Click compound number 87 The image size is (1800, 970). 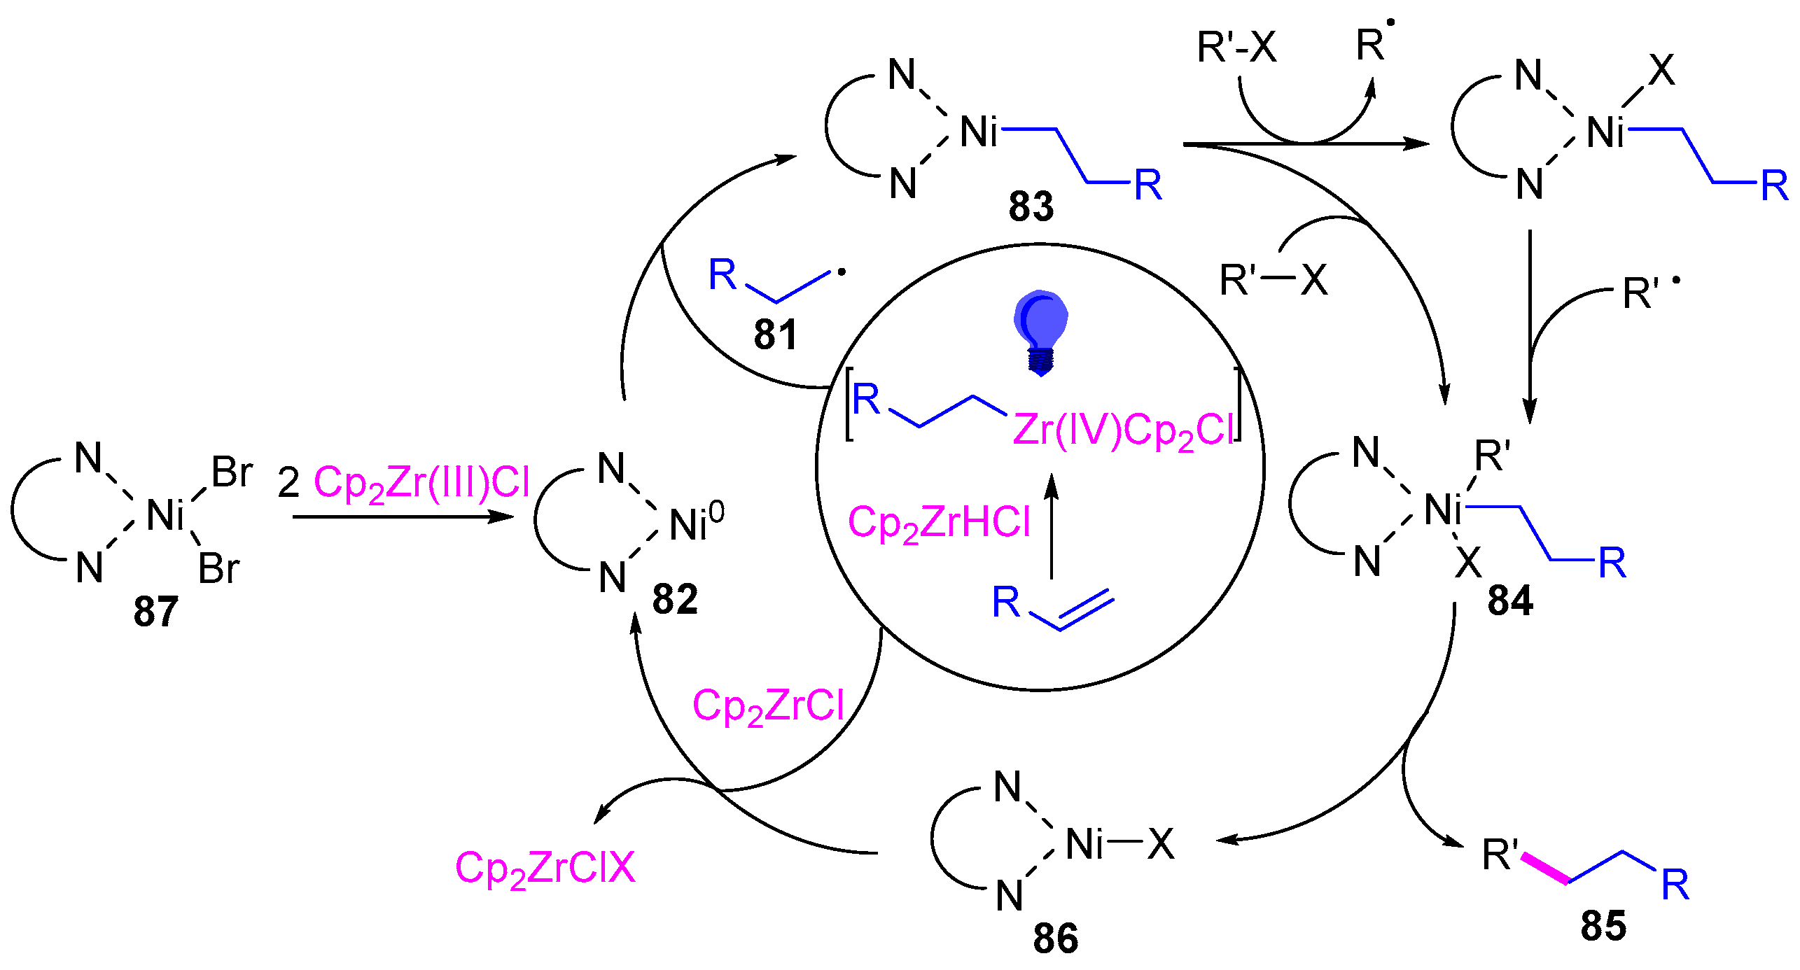point(155,611)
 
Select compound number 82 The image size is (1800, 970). point(675,599)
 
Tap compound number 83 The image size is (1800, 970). point(1031,206)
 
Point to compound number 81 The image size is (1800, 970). point(776,335)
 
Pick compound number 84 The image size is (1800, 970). point(1510,600)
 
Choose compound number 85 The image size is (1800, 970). point(1603,926)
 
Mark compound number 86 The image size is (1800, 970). point(1056,939)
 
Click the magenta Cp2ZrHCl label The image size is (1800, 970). point(939,523)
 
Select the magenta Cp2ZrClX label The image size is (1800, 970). point(545,869)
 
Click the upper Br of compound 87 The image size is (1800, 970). point(232,472)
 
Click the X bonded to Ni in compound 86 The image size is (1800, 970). point(1160,843)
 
